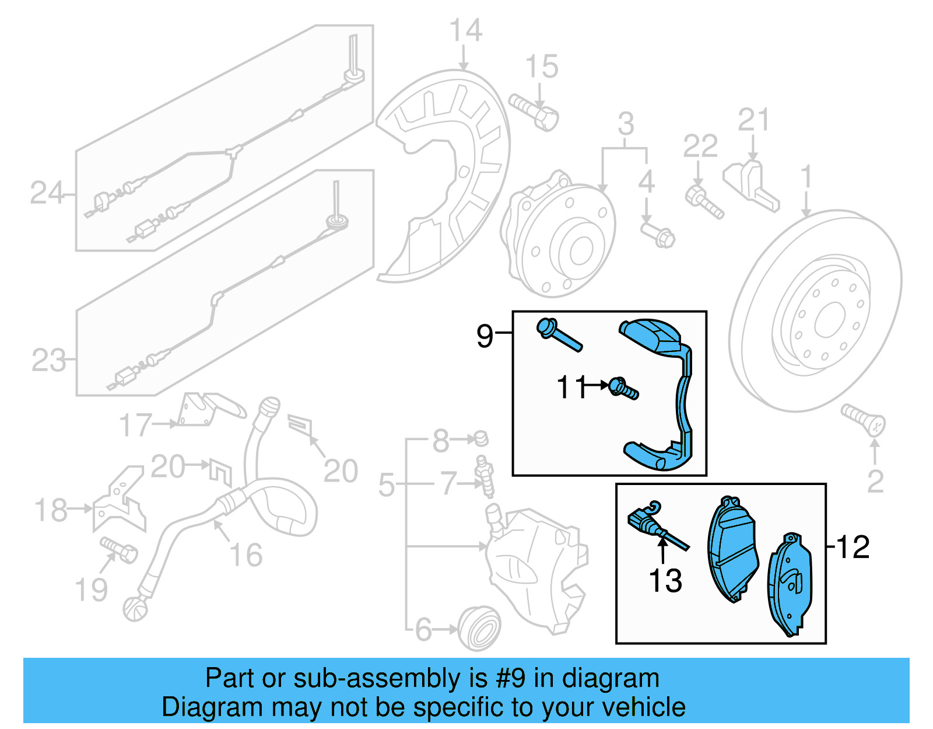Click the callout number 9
tap(485, 336)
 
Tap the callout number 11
tap(572, 387)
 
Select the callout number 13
tap(665, 581)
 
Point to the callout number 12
tap(853, 547)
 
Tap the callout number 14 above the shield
tap(465, 30)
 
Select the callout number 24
tap(46, 193)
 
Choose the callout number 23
tap(48, 360)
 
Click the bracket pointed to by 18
tap(120, 502)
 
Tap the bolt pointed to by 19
tap(119, 549)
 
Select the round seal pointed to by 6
tap(479, 629)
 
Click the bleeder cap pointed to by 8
tap(481, 438)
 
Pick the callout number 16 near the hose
tap(246, 554)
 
